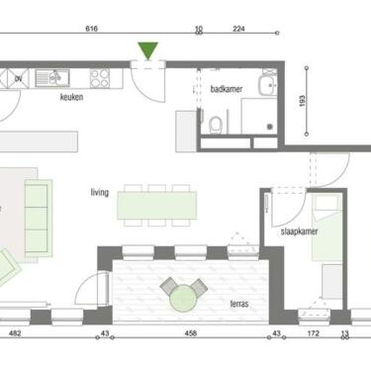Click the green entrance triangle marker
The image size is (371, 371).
(x=148, y=50)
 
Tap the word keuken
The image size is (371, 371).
(x=71, y=97)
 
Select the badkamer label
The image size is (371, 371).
(x=227, y=89)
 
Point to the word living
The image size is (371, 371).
(x=100, y=192)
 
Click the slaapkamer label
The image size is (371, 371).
(x=300, y=232)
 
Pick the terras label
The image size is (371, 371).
(x=239, y=304)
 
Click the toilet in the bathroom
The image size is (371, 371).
(x=216, y=126)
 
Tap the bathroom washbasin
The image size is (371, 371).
(x=267, y=85)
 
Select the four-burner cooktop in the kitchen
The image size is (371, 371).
(x=100, y=78)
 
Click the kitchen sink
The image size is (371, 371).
(x=52, y=78)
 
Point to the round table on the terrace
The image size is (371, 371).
(x=183, y=299)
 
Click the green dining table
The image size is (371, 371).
(x=157, y=205)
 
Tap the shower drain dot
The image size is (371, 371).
(x=270, y=127)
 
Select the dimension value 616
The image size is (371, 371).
(x=91, y=29)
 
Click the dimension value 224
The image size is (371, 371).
(x=238, y=29)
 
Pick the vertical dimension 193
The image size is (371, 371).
(x=302, y=101)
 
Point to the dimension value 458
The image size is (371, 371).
(x=191, y=333)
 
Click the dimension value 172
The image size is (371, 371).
(x=313, y=333)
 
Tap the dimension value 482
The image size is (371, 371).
(x=15, y=333)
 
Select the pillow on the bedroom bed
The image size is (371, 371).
(x=326, y=203)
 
